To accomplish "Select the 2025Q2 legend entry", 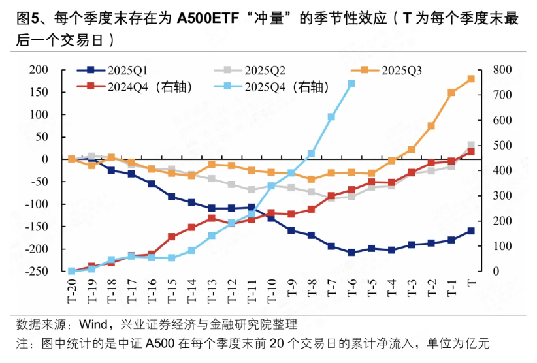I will pyautogui.click(x=264, y=70).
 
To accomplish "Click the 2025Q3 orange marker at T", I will pyautogui.click(x=471, y=79).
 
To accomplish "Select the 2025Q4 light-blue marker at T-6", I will pyautogui.click(x=351, y=84).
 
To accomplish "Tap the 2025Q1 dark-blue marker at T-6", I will pyautogui.click(x=351, y=252).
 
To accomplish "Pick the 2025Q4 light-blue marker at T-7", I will pyautogui.click(x=331, y=117).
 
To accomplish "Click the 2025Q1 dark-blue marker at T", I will pyautogui.click(x=471, y=230).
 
